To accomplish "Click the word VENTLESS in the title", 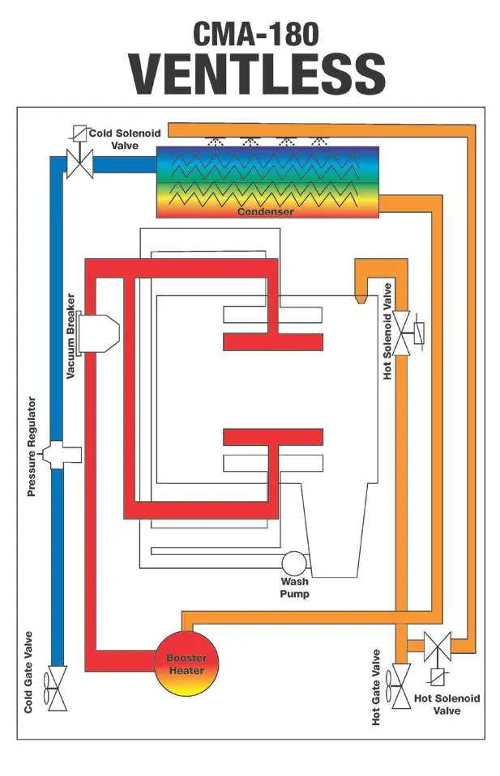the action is [257, 74].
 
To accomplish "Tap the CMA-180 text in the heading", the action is [256, 34].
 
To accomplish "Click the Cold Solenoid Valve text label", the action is [125, 139].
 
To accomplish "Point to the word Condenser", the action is [265, 212].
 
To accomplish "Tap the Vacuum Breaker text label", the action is [71, 336].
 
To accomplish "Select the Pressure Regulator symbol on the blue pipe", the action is [62, 454].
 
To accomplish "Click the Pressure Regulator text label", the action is [32, 447].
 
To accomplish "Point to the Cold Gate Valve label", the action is [28, 672].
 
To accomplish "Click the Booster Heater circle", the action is [186, 664].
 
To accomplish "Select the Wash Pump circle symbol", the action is [294, 563].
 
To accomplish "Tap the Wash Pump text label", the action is [294, 587].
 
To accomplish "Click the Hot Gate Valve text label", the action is [376, 688].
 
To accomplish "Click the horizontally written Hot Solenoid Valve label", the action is [447, 704].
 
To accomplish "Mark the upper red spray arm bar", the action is [273, 342].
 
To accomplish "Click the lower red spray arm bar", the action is [273, 437].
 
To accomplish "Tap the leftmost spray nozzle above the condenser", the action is [215, 141].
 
